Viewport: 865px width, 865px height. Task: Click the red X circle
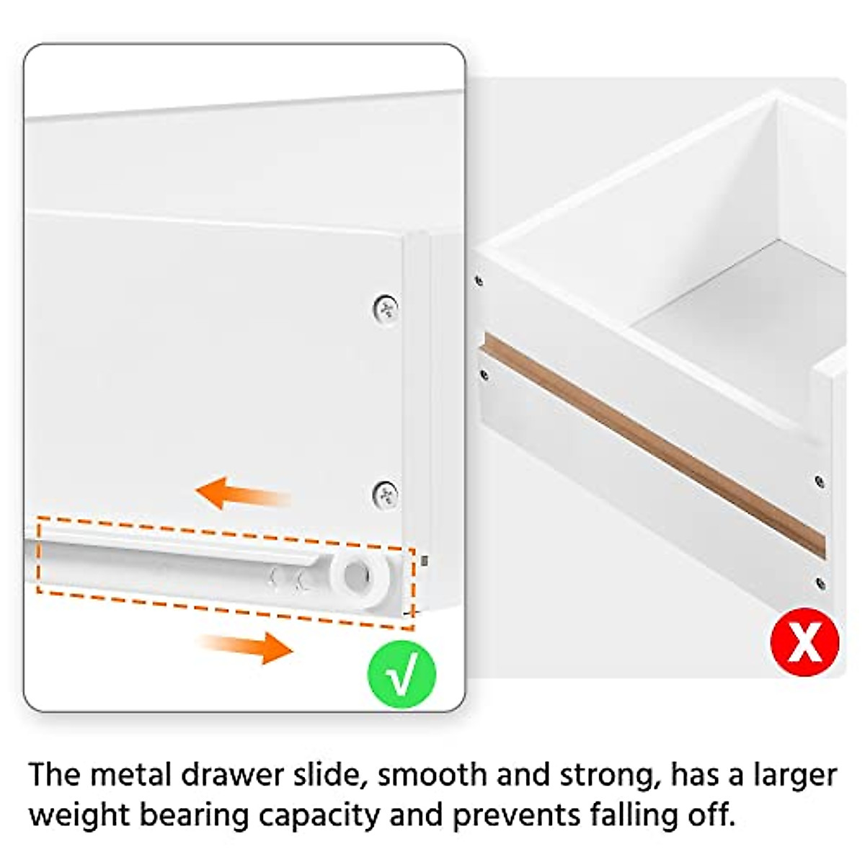pyautogui.click(x=804, y=641)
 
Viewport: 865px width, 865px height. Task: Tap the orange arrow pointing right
pyautogui.click(x=247, y=646)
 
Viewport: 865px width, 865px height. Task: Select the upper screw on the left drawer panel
pyautogui.click(x=386, y=309)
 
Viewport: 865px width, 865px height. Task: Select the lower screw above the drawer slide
pyautogui.click(x=386, y=494)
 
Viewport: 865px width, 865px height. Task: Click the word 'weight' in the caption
pyautogui.click(x=79, y=816)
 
